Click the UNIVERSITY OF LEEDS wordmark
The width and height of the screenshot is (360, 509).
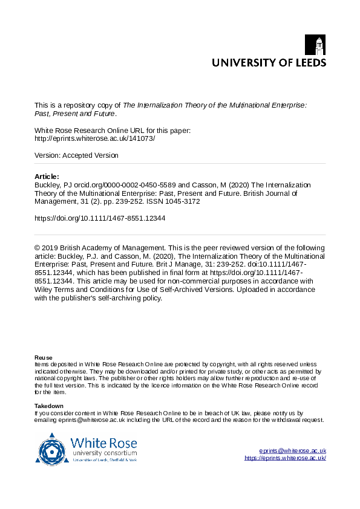click(268, 62)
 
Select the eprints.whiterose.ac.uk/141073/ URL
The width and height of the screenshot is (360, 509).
click(95, 138)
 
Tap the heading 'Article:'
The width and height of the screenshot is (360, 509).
click(47, 177)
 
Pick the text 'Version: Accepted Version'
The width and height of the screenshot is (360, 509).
click(76, 155)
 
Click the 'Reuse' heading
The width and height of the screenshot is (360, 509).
click(43, 358)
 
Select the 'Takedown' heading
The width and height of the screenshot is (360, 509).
click(48, 406)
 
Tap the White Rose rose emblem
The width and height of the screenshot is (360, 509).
click(53, 448)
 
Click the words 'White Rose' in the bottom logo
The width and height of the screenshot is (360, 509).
click(103, 443)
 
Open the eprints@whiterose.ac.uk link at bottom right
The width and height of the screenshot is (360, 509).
click(293, 451)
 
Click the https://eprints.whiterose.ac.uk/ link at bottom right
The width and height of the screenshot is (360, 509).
click(285, 458)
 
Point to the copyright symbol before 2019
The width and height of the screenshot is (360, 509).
click(38, 248)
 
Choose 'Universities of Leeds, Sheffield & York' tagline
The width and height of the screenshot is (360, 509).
click(104, 460)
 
